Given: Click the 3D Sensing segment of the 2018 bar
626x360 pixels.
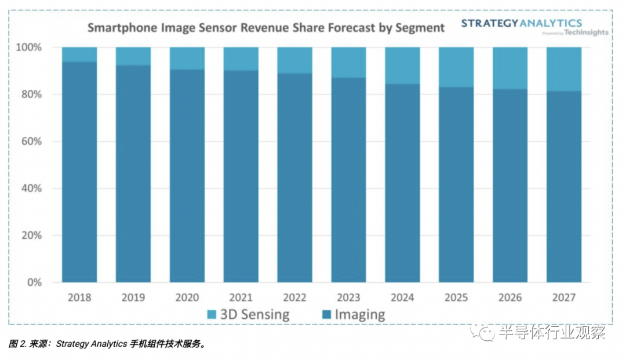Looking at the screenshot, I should [x=79, y=54].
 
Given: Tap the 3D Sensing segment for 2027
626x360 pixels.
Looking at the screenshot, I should [x=563, y=69].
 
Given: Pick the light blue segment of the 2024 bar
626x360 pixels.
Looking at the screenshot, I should [x=402, y=66].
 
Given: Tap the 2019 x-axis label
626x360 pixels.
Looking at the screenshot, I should [x=133, y=297].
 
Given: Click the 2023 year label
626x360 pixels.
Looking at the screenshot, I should [x=348, y=297].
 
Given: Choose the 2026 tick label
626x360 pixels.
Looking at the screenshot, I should [x=510, y=297].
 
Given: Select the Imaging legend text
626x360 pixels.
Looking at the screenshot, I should [x=359, y=315].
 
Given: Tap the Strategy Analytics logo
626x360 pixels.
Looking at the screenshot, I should [x=521, y=23].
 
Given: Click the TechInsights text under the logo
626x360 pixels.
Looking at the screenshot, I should [x=588, y=33].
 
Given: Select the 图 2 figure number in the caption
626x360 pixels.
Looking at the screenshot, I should [x=17, y=344].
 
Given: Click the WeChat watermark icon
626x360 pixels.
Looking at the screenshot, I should [x=483, y=331].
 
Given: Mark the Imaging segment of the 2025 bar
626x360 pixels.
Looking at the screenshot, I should [x=456, y=186].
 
